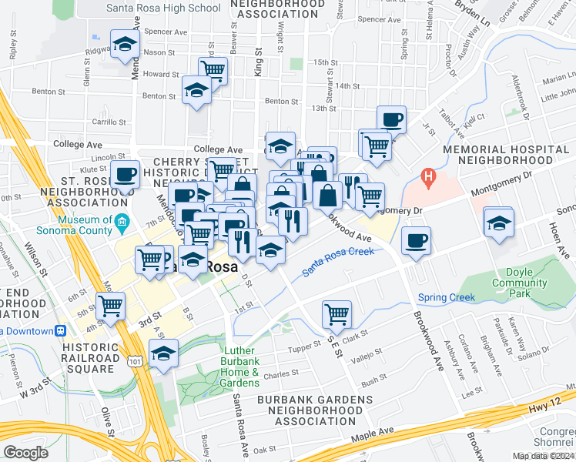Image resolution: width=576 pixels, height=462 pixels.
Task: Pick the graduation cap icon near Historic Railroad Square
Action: [x=163, y=354]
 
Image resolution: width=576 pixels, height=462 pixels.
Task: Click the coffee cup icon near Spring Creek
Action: [x=416, y=240]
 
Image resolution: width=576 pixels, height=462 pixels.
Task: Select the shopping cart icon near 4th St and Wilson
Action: [x=111, y=305]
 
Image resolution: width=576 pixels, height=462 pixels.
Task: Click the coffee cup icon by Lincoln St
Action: [x=125, y=173]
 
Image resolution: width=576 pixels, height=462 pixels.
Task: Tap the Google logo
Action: [x=25, y=453]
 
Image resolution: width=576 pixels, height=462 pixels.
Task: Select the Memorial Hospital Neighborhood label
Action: [x=504, y=154]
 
